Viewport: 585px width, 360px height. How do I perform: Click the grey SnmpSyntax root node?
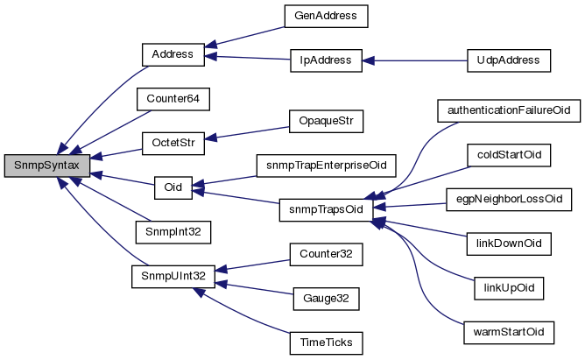[x=46, y=164]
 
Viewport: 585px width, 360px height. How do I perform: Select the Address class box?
[x=173, y=53]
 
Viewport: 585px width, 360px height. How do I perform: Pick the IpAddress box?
[x=326, y=60]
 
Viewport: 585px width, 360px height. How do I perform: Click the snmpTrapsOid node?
[x=326, y=209]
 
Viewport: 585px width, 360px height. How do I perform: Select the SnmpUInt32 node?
[x=173, y=276]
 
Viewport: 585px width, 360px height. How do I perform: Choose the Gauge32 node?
[x=326, y=299]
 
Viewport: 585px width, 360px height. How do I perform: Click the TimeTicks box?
[x=326, y=343]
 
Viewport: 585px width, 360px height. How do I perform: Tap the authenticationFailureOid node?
[x=508, y=111]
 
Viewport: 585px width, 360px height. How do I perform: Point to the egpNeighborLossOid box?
[x=508, y=199]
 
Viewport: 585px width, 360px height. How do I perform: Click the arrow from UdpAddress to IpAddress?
[x=415, y=60]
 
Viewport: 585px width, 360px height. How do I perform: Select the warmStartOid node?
[x=508, y=332]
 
